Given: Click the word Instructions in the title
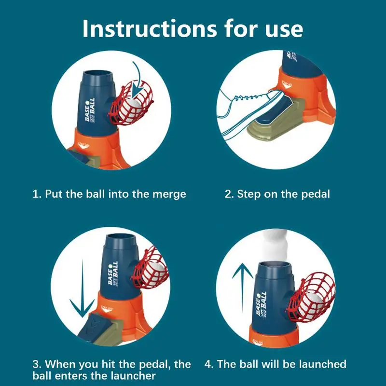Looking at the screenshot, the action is click(150, 28).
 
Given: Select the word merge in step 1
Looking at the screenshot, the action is click(169, 194).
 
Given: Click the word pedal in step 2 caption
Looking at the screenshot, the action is click(316, 194).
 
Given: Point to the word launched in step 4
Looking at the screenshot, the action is click(322, 364).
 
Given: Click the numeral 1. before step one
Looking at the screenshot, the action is click(37, 194).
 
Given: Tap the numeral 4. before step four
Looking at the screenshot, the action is click(209, 364).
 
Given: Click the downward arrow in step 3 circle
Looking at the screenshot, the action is click(82, 289).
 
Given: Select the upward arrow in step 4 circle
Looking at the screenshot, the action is click(243, 288).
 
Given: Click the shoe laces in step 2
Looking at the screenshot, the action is click(246, 97).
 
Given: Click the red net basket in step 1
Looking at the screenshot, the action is click(130, 103).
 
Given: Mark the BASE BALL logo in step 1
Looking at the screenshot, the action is click(90, 110).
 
